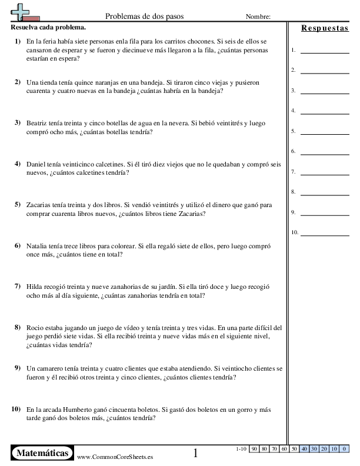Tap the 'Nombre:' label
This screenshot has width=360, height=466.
[x=258, y=17]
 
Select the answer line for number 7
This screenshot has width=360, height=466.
[x=324, y=174]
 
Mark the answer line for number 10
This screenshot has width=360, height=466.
[x=324, y=234]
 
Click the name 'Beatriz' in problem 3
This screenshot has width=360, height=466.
[x=38, y=124]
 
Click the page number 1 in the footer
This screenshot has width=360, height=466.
[x=196, y=453]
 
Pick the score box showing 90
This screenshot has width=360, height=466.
[x=255, y=449]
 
